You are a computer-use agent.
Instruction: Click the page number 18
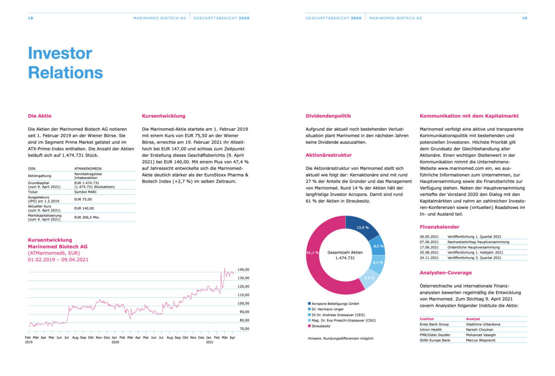pos(30,18)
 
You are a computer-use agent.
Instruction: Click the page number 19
pos(525,18)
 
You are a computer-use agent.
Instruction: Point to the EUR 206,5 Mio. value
pos(87,217)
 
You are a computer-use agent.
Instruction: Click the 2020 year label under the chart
pos(116,343)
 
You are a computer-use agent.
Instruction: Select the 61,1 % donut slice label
pos(312,252)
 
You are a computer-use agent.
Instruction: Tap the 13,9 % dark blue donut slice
pos(362,227)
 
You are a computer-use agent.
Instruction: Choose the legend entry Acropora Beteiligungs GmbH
pos(336,303)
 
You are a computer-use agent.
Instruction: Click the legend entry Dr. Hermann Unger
pos(327,309)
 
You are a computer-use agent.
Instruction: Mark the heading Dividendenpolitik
pos(328,116)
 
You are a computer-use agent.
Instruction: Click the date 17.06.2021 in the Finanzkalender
pos(429,247)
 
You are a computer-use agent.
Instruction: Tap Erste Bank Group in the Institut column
pos(434,324)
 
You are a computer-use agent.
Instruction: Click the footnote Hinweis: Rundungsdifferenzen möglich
pos(340,338)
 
